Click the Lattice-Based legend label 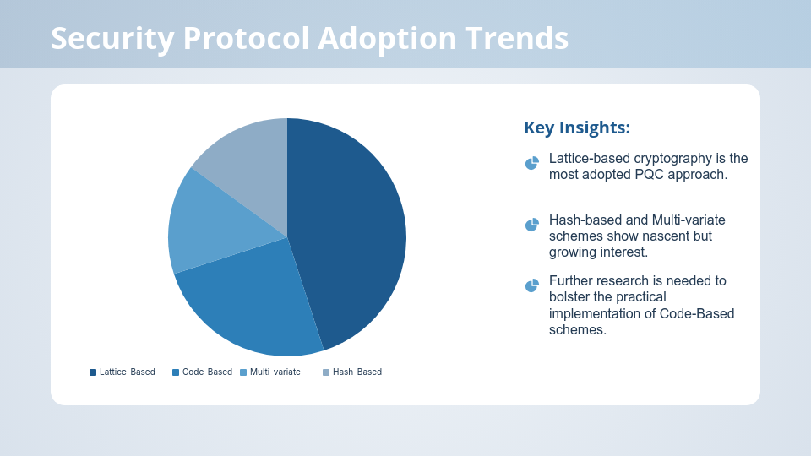pyautogui.click(x=127, y=372)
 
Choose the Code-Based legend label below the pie pyautogui.click(x=207, y=372)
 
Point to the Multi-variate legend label pyautogui.click(x=275, y=372)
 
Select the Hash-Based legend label pyautogui.click(x=357, y=372)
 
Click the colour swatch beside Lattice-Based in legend pyautogui.click(x=93, y=372)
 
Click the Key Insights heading pyautogui.click(x=577, y=128)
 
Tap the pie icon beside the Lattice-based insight pyautogui.click(x=531, y=163)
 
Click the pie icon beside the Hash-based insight pyautogui.click(x=531, y=225)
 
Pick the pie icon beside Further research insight pyautogui.click(x=531, y=285)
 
